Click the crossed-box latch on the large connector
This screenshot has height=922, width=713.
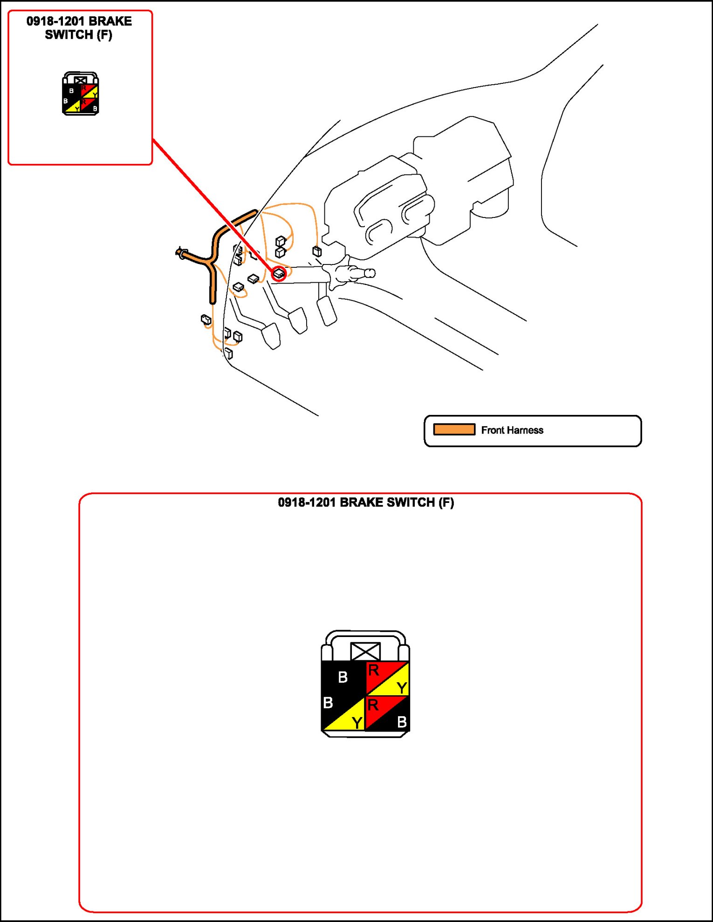pyautogui.click(x=365, y=651)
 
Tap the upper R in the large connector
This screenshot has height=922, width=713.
pyautogui.click(x=373, y=671)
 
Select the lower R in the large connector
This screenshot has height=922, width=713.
pyautogui.click(x=372, y=705)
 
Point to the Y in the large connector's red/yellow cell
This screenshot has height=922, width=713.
pyautogui.click(x=402, y=687)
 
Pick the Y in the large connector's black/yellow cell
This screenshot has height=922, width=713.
pyautogui.click(x=357, y=723)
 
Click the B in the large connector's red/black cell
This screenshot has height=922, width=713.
pyautogui.click(x=402, y=722)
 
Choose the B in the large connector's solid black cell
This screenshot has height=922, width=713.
pyautogui.click(x=343, y=677)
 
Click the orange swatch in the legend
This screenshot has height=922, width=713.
pyautogui.click(x=454, y=429)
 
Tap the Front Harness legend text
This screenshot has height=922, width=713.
pyautogui.click(x=512, y=430)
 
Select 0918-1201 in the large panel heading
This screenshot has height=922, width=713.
pyautogui.click(x=307, y=502)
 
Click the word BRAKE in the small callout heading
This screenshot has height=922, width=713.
pyautogui.click(x=110, y=21)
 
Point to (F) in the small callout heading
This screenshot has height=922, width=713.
pyautogui.click(x=104, y=35)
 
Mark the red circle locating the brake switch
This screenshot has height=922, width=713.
pyautogui.click(x=279, y=274)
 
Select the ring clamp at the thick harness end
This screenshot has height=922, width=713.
pyautogui.click(x=180, y=253)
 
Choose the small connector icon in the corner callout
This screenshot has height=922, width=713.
pyautogui.click(x=81, y=94)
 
